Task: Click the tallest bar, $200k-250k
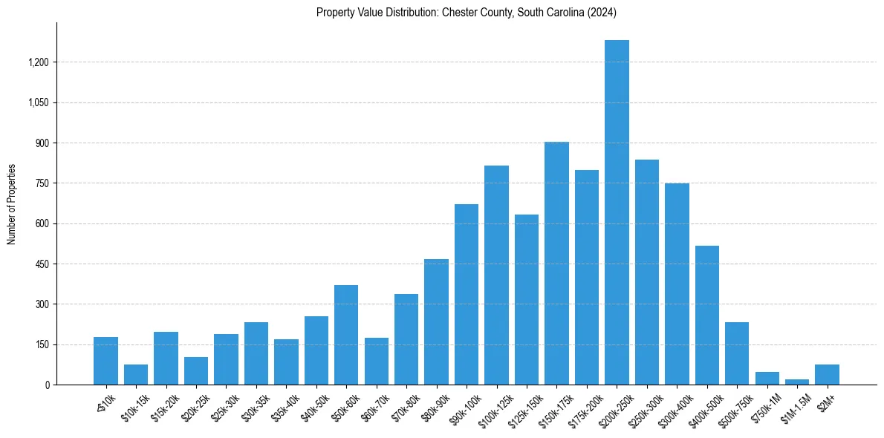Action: (617, 212)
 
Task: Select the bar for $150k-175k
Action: (556, 263)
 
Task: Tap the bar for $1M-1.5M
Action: (797, 382)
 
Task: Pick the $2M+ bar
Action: (827, 374)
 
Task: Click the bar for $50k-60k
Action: (346, 335)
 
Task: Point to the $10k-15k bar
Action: (136, 374)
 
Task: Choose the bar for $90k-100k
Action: (467, 294)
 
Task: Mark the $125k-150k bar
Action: (527, 299)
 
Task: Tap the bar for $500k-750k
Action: (737, 353)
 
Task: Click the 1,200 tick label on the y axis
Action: (38, 62)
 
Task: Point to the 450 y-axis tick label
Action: (42, 264)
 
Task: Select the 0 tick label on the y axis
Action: (47, 385)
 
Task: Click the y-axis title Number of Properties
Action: (11, 204)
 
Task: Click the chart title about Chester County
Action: (467, 13)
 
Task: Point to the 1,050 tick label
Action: (38, 103)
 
